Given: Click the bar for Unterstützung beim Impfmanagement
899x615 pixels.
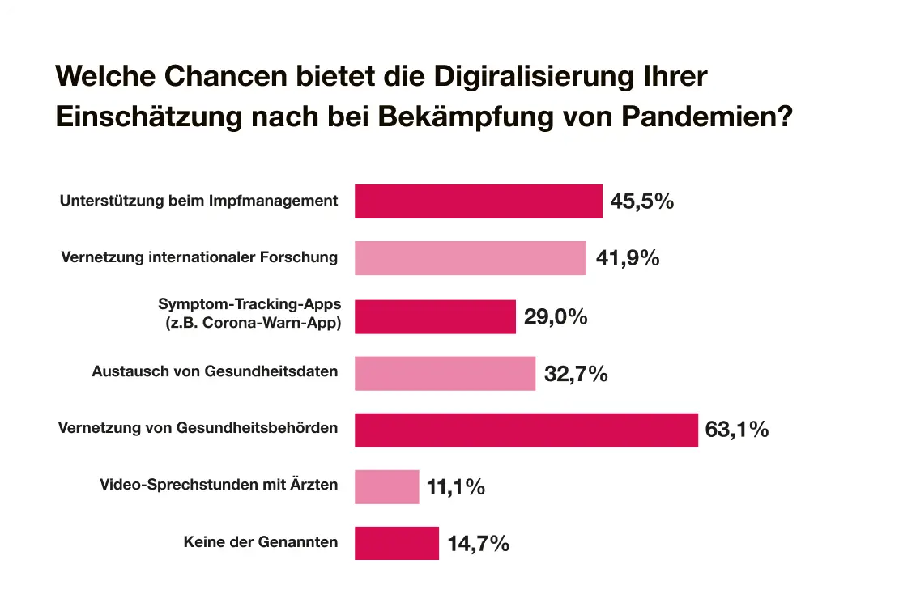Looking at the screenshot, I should tap(478, 201).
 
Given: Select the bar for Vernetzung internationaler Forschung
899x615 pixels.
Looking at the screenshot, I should tap(470, 258).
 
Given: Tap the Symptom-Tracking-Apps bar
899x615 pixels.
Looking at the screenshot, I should tap(435, 316).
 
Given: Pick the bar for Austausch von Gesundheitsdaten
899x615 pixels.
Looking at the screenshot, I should tap(445, 373).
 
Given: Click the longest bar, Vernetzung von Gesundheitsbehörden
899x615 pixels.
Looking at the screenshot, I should tap(526, 430).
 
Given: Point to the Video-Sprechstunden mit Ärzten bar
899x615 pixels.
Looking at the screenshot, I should tap(386, 486).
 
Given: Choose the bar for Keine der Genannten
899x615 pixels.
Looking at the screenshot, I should tap(396, 543).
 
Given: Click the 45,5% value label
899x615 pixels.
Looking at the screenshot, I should tap(642, 201).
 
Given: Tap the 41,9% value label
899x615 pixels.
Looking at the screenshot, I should tap(628, 258).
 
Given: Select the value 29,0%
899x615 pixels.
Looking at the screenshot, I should tap(556, 316).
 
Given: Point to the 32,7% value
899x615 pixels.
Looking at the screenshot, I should tap(576, 374).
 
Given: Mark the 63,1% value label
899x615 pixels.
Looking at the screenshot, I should tap(737, 430).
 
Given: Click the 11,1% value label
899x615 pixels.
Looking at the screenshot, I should tap(456, 487).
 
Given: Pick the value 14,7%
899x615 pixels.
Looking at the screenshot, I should tap(478, 544).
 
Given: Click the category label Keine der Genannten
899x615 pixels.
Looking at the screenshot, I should tap(261, 542).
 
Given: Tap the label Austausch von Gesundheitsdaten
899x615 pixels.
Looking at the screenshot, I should tap(215, 372).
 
